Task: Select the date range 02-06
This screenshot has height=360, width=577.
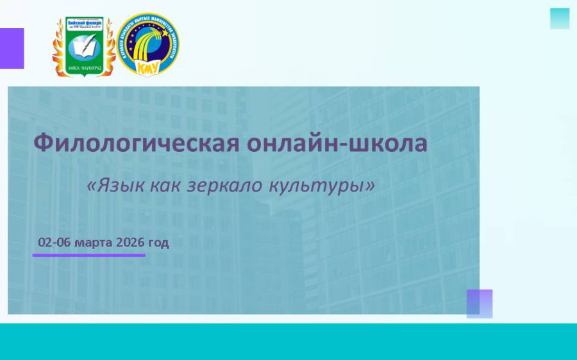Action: [x=54, y=242]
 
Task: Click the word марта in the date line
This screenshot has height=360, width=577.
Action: [x=94, y=242]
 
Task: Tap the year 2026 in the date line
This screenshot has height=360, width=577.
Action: [x=130, y=242]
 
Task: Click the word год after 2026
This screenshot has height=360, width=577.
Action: [x=158, y=242]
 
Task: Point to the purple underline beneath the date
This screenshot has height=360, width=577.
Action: [x=89, y=255]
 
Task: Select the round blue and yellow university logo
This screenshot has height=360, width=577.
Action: [x=148, y=44]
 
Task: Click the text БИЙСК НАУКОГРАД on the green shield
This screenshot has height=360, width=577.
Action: [x=84, y=66]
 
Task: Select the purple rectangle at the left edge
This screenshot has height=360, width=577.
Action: [x=12, y=49]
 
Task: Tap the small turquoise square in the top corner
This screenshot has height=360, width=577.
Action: [x=560, y=19]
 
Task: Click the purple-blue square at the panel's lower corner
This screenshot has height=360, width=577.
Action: [x=480, y=304]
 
